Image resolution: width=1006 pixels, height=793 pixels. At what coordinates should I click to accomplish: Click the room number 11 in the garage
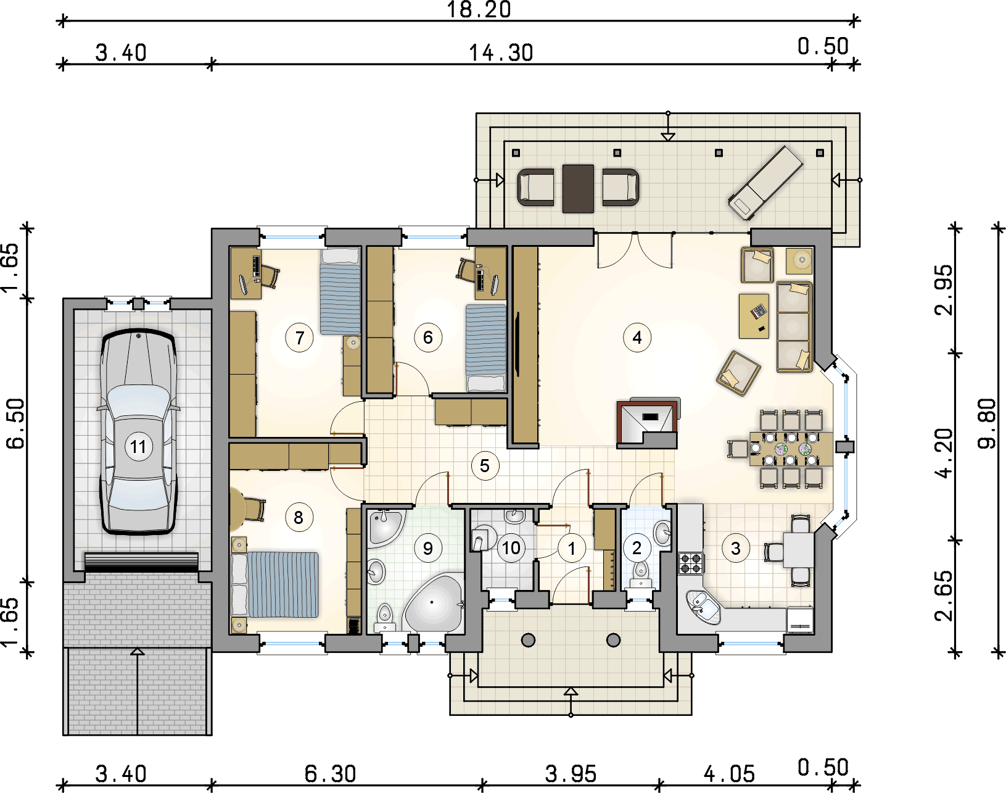click(x=138, y=447)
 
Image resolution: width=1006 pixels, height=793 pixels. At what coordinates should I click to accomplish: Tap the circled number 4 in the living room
click(x=637, y=338)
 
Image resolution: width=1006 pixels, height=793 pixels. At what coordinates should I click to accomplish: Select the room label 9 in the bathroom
click(x=427, y=548)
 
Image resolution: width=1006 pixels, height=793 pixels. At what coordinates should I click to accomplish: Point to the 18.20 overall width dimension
click(x=479, y=10)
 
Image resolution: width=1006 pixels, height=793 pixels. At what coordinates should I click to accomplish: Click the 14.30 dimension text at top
click(x=501, y=53)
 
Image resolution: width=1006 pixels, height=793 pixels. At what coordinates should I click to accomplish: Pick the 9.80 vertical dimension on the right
click(x=987, y=424)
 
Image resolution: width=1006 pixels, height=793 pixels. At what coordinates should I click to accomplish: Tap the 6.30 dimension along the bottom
click(x=330, y=774)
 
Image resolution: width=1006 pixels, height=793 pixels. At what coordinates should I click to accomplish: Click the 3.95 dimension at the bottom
click(x=571, y=774)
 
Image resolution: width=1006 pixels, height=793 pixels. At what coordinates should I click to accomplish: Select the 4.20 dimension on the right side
click(x=943, y=454)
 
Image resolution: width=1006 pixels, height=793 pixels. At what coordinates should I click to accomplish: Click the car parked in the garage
click(x=138, y=431)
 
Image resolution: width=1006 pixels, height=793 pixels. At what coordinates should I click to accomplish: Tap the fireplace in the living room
click(x=648, y=423)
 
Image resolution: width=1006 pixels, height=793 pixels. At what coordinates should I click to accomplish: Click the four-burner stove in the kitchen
click(x=691, y=563)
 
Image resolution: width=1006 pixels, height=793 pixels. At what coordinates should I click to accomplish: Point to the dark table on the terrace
click(x=579, y=189)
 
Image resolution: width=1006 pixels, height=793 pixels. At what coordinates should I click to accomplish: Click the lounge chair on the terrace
click(x=765, y=183)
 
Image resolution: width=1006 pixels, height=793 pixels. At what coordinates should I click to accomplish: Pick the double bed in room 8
click(x=275, y=585)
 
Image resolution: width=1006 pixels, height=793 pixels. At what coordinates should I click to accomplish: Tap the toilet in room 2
click(x=640, y=573)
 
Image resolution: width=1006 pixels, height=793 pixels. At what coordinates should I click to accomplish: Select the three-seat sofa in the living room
click(x=794, y=327)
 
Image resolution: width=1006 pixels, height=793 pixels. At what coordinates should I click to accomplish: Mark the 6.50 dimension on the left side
click(x=15, y=424)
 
